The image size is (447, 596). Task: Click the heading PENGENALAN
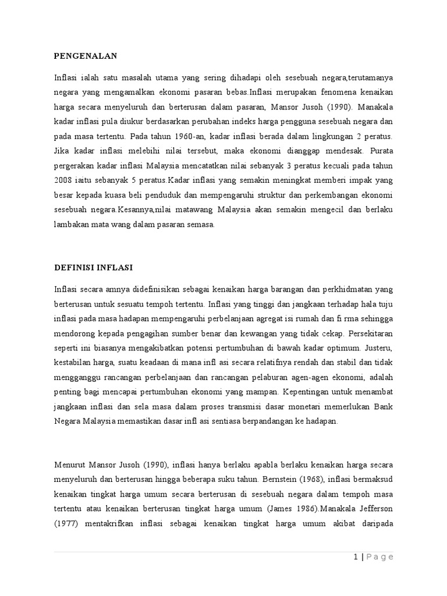tap(86, 56)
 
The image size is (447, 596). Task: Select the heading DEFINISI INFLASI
tap(93, 267)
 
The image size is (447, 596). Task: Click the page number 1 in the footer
tap(355, 557)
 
